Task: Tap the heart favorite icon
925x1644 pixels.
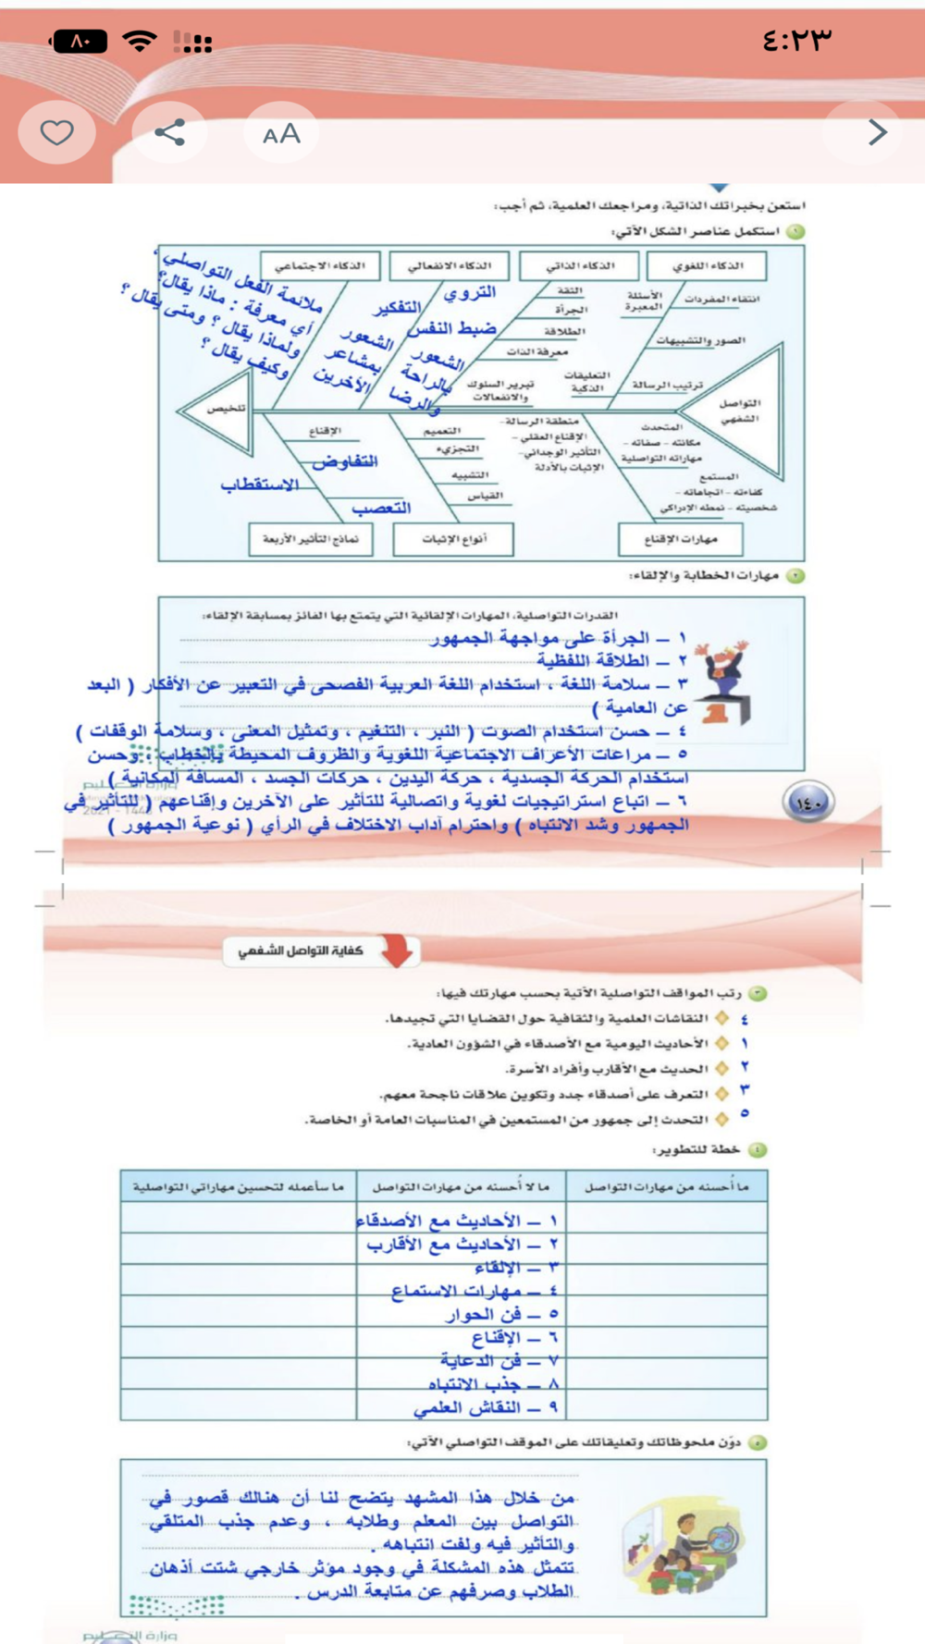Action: tap(56, 133)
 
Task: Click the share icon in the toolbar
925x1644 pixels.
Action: tap(170, 133)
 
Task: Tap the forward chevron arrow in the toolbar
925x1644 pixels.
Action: tap(877, 133)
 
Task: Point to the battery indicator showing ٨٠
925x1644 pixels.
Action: tap(79, 42)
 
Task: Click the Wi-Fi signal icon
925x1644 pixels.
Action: tap(140, 42)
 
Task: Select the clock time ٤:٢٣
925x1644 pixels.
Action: tap(796, 41)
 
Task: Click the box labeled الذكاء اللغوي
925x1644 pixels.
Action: tap(707, 266)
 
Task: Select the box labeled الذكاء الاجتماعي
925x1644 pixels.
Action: tap(319, 266)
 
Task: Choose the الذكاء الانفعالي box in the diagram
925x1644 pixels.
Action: tap(450, 266)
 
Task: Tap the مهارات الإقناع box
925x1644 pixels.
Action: tap(680, 539)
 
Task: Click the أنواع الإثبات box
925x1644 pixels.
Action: tap(453, 539)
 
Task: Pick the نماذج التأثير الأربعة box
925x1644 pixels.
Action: tap(311, 539)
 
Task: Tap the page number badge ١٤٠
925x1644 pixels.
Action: tap(808, 803)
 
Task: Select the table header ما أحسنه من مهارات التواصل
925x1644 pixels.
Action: tap(666, 1186)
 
